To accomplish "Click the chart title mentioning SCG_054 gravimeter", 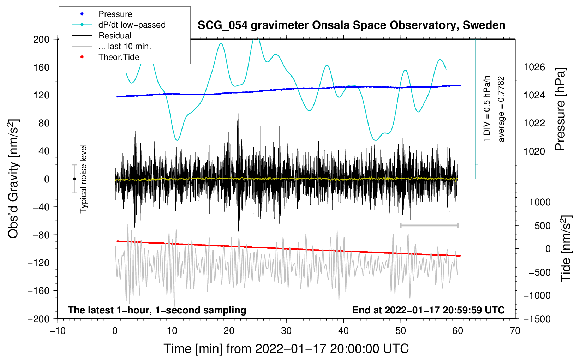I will pos(351,25).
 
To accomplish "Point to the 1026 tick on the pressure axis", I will pos(534,67).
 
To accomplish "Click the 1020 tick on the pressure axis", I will pos(534,151).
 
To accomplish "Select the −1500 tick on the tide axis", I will pos(537,319).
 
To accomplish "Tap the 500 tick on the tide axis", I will pos(542,226).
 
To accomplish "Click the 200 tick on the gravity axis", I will pos(41,39).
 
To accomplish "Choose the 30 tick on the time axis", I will pos(286,331).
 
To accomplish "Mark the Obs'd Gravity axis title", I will pos(13,179).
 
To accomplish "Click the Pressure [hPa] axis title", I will pos(560,109).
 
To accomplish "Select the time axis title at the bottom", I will pos(286,349).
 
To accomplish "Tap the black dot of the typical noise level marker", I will pos(74,179).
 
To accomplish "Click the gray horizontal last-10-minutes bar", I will pos(429,225).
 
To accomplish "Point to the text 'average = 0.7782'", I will pos(501,109).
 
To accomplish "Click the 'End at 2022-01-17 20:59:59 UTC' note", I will pos(428,310).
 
